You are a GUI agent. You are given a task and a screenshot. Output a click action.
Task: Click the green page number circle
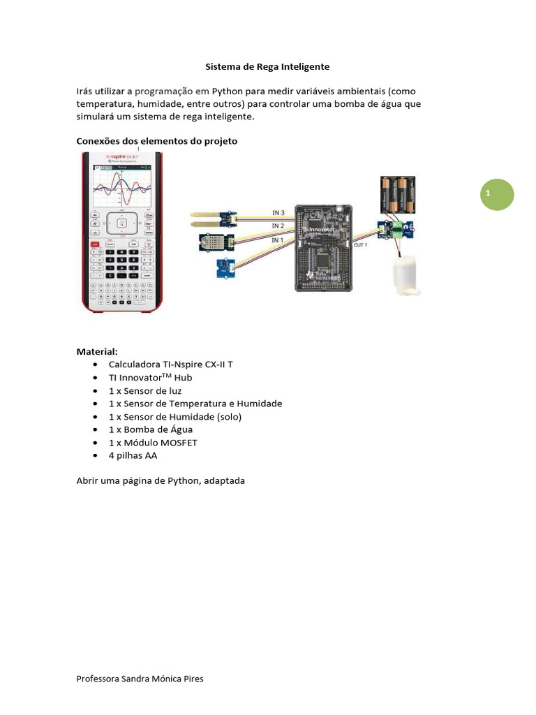point(496,195)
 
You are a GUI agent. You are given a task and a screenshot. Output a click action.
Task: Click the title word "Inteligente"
point(305,67)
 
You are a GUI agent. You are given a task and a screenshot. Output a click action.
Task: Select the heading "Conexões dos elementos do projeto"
point(156,141)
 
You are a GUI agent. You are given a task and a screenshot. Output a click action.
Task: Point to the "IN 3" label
point(278,212)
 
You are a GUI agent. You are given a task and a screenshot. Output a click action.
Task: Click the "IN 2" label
point(277,226)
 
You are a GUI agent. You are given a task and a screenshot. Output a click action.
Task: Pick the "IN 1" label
point(277,240)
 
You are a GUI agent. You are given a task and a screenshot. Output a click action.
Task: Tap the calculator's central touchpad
point(121,223)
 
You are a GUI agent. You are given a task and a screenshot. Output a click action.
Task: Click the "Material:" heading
point(96,351)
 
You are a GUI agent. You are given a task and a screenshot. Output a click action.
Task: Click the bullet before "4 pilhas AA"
point(94,456)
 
